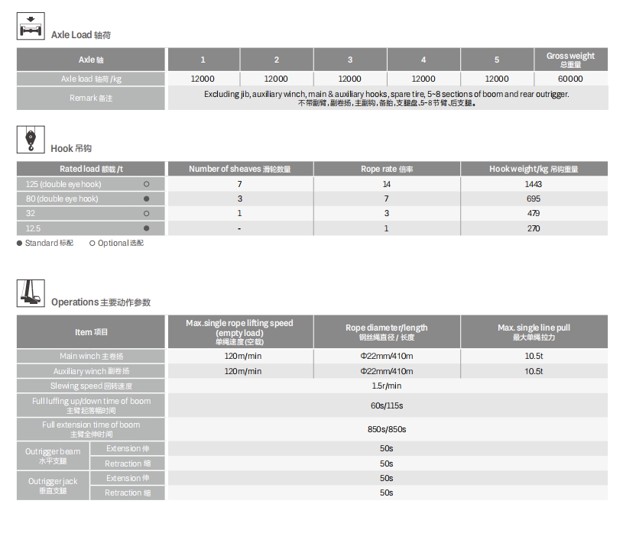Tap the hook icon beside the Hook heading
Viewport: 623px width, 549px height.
pos(31,140)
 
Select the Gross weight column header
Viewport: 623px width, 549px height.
pos(570,60)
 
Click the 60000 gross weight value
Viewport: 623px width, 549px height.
pos(570,79)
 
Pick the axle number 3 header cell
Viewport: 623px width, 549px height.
pos(350,60)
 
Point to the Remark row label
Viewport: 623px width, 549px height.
pos(90,98)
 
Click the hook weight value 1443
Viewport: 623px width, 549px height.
pos(534,184)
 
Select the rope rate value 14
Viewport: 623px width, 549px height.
pos(386,184)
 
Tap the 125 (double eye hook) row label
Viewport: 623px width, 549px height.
pos(63,184)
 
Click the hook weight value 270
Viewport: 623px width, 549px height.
pos(534,228)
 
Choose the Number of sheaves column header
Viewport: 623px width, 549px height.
pos(239,170)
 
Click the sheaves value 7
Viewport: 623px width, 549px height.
pos(239,184)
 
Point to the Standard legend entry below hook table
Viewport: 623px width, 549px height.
pos(45,244)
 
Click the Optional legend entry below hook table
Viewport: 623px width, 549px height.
pos(116,244)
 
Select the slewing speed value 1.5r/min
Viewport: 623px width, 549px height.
pos(386,386)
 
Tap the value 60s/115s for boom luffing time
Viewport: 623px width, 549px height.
pos(386,405)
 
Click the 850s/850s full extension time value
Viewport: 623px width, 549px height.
pos(386,429)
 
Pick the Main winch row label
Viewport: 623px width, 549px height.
pos(90,357)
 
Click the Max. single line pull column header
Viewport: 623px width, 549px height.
pos(534,332)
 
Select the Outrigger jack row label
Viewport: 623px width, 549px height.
pos(53,486)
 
